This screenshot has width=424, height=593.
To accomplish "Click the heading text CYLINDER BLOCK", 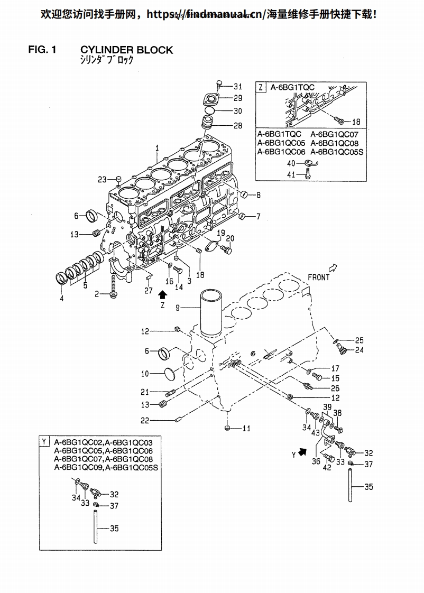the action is (x=126, y=50).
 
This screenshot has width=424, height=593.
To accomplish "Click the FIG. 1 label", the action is (x=42, y=50).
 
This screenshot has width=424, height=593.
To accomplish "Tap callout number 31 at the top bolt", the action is (x=237, y=87).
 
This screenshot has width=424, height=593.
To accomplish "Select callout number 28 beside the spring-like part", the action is (x=237, y=126).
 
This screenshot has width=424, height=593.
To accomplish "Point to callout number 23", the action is (x=102, y=180).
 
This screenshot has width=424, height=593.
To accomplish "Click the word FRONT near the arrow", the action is (x=318, y=277).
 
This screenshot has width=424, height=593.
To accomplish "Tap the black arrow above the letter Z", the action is (x=163, y=294).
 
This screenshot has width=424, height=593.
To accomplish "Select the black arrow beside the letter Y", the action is (x=302, y=451).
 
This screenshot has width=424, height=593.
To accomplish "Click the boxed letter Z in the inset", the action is (x=261, y=87).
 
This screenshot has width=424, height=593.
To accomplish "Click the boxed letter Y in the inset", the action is (x=44, y=441).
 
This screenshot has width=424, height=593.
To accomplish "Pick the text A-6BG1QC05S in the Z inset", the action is (x=337, y=152).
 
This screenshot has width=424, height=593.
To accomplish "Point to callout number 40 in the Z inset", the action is (x=291, y=164).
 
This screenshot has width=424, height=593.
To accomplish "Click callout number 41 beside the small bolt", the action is (x=291, y=175).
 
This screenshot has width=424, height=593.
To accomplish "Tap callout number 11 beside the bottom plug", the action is (x=246, y=429).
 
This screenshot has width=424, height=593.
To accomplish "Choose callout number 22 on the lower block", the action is (x=145, y=420).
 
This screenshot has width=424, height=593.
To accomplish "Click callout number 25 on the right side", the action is (x=359, y=340).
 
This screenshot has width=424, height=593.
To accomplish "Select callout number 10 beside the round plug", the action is (x=145, y=374).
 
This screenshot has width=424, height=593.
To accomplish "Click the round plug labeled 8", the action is (x=244, y=194).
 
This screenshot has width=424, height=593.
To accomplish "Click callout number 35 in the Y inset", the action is (x=114, y=529).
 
